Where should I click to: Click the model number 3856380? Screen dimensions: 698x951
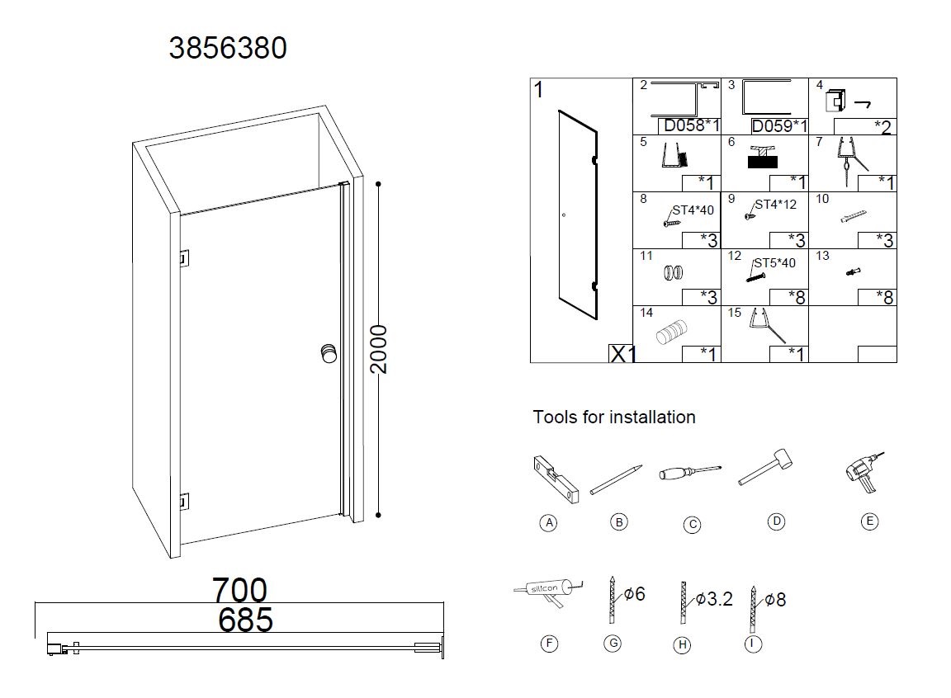pyautogui.click(x=228, y=48)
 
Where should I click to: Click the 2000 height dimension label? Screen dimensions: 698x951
pyautogui.click(x=378, y=349)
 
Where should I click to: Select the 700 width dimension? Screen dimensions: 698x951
pyautogui.click(x=239, y=591)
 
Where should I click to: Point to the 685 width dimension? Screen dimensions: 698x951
pyautogui.click(x=245, y=620)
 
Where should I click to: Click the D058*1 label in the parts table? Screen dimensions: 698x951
pyautogui.click(x=692, y=126)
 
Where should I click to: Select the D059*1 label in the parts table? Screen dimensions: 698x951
pyautogui.click(x=779, y=126)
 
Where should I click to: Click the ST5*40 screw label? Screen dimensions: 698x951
pyautogui.click(x=774, y=263)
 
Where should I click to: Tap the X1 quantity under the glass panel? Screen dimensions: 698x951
pyautogui.click(x=622, y=354)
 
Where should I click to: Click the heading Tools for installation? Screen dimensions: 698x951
pyautogui.click(x=614, y=417)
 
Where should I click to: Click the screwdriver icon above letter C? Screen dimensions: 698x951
pyautogui.click(x=689, y=473)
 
